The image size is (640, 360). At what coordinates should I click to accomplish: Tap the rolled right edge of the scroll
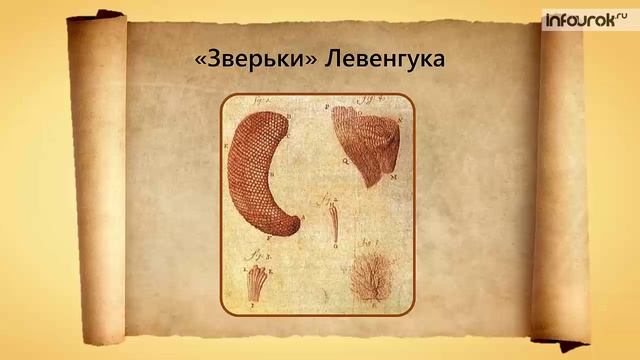click(x=560, y=180)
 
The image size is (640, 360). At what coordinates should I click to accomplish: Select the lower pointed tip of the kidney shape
click(x=291, y=227)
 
